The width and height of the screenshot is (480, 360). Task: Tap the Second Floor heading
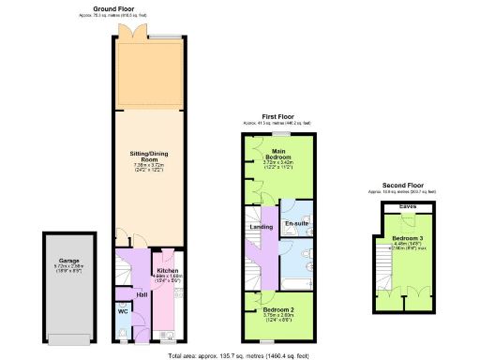(408, 186)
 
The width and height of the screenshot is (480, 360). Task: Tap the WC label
(123, 310)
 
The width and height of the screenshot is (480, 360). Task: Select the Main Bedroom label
(278, 153)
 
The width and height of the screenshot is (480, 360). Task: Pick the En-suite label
(296, 225)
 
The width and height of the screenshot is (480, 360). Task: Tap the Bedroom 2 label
(279, 309)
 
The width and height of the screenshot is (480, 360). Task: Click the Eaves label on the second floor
(408, 206)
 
